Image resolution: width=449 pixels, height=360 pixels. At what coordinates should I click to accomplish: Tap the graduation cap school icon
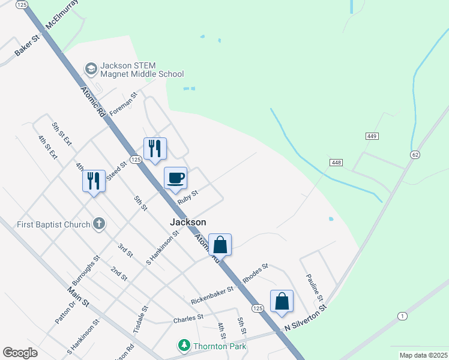(91, 69)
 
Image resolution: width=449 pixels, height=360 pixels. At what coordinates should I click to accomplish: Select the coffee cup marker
(176, 178)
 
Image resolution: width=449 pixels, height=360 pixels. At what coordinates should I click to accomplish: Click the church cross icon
(100, 224)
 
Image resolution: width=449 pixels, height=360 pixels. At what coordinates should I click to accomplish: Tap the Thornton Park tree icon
(184, 346)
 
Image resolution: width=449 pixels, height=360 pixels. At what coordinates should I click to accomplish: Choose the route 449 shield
(372, 137)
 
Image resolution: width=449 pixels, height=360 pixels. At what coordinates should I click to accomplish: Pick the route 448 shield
(336, 163)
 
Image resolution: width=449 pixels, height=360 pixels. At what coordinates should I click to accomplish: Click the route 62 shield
(415, 155)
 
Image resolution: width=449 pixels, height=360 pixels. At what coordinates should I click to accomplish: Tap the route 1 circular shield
(402, 316)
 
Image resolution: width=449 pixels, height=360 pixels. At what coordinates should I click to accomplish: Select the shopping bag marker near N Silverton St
(282, 301)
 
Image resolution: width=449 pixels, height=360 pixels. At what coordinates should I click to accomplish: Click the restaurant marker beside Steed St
(155, 148)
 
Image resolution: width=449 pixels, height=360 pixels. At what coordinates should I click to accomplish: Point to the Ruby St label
(187, 197)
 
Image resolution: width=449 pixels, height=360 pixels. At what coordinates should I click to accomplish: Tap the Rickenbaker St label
(212, 293)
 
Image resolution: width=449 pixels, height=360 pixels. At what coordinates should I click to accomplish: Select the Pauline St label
(315, 287)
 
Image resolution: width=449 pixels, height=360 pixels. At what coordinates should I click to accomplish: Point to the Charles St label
(188, 317)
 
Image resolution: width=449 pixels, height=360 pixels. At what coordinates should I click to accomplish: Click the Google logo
(20, 353)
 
